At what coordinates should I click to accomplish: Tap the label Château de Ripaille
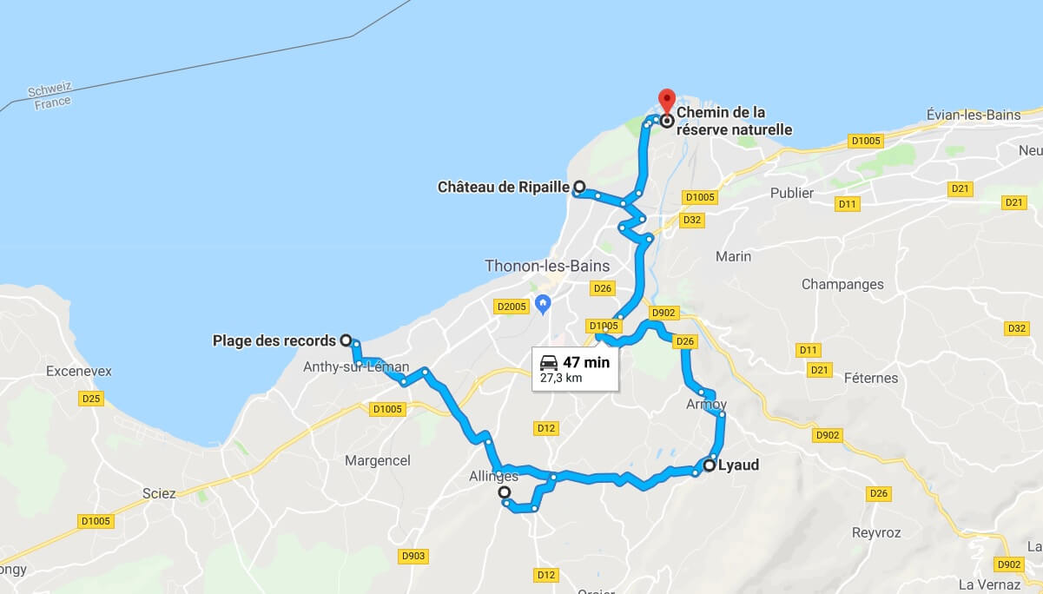(x=503, y=187)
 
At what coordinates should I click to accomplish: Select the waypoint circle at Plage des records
(x=346, y=340)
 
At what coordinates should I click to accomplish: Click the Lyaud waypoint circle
(x=710, y=465)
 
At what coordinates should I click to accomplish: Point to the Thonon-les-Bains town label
(x=547, y=266)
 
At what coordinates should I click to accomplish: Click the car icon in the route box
(x=549, y=362)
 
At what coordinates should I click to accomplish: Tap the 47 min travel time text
(x=586, y=362)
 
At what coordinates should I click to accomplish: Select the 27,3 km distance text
(x=561, y=379)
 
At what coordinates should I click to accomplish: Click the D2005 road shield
(x=511, y=306)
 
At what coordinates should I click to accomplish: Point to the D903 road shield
(x=413, y=556)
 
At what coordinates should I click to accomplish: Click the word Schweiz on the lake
(x=50, y=90)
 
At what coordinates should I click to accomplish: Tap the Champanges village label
(x=842, y=284)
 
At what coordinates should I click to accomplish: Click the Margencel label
(x=377, y=460)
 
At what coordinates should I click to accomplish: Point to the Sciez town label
(x=159, y=493)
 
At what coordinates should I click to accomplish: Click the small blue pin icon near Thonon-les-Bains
(x=544, y=303)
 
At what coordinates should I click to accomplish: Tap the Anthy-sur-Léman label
(x=356, y=367)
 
